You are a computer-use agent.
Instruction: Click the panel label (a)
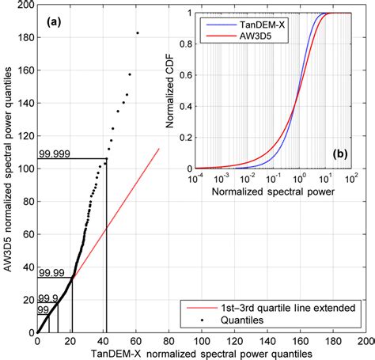click(53, 20)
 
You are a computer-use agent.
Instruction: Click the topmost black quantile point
click(138, 33)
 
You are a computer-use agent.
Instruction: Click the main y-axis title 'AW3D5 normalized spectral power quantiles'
click(9, 169)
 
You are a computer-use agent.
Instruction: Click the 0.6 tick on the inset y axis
click(184, 74)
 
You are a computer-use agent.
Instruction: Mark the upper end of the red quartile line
click(159, 148)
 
